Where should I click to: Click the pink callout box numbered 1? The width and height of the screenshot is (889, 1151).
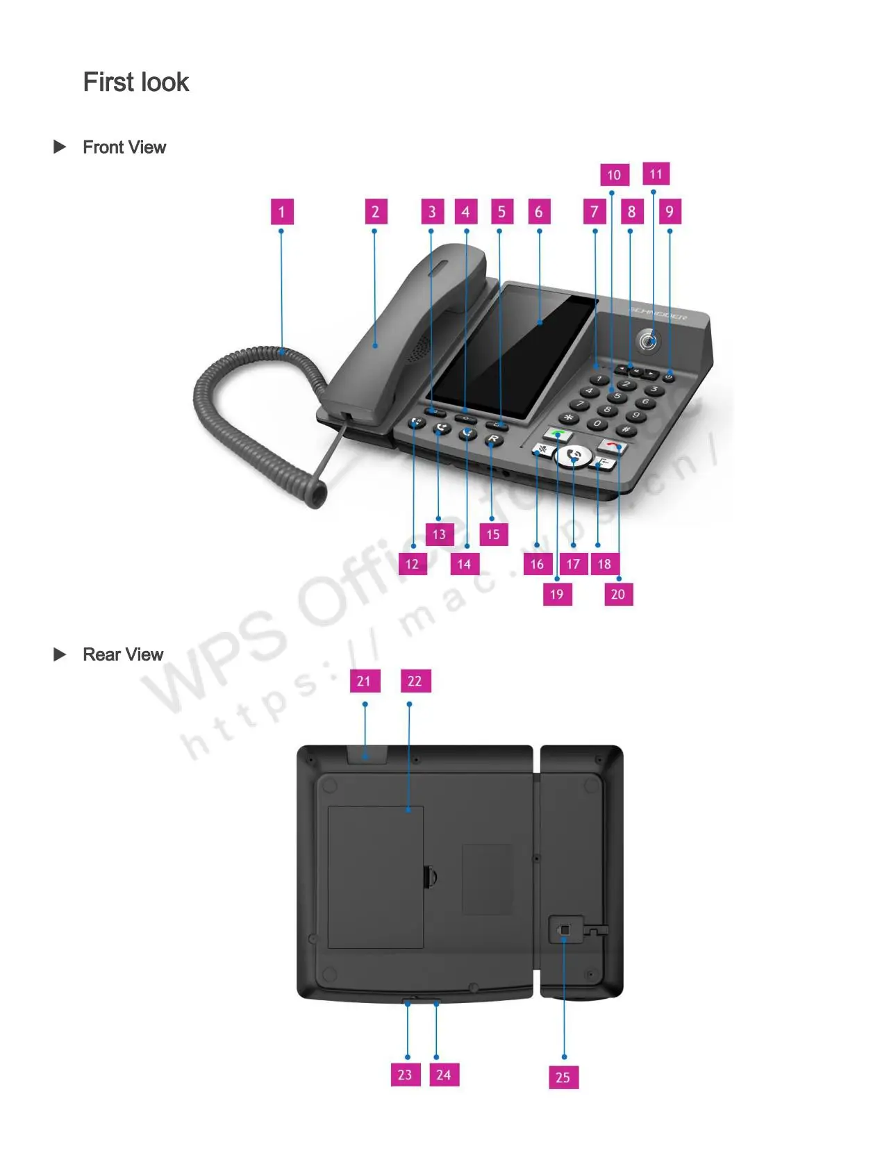281,212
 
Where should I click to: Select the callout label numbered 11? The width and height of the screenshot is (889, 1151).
656,174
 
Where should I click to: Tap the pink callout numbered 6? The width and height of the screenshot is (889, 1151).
538,212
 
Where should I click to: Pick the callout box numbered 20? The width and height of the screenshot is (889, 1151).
618,594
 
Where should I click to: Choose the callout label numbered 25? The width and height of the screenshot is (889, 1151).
563,1077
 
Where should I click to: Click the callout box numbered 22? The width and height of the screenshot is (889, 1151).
415,681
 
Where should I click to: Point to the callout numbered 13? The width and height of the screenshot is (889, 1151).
439,534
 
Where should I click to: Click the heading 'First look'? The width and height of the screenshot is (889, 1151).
136,82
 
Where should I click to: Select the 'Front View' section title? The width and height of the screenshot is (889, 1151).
124,147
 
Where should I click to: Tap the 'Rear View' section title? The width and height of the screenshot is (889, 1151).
123,654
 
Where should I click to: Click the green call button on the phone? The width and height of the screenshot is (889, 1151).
558,435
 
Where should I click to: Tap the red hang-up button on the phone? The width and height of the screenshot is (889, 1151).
612,445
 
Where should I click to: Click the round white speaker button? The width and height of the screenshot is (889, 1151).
574,456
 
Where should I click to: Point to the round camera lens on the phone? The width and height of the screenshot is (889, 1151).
648,341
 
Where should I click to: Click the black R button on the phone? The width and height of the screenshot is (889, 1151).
492,439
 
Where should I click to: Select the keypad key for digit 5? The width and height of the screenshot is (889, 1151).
616,396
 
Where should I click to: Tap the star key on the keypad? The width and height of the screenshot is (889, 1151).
569,417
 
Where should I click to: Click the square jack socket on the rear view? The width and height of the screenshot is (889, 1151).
564,929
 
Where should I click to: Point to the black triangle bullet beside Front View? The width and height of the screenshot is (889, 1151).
60,147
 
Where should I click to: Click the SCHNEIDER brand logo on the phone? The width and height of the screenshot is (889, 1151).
658,313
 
